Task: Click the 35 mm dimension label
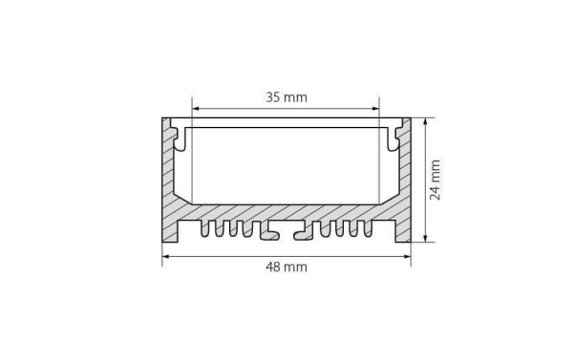pyautogui.click(x=286, y=96)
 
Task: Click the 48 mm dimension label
pyautogui.click(x=286, y=267)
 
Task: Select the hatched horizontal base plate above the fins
pyautogui.click(x=286, y=212)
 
